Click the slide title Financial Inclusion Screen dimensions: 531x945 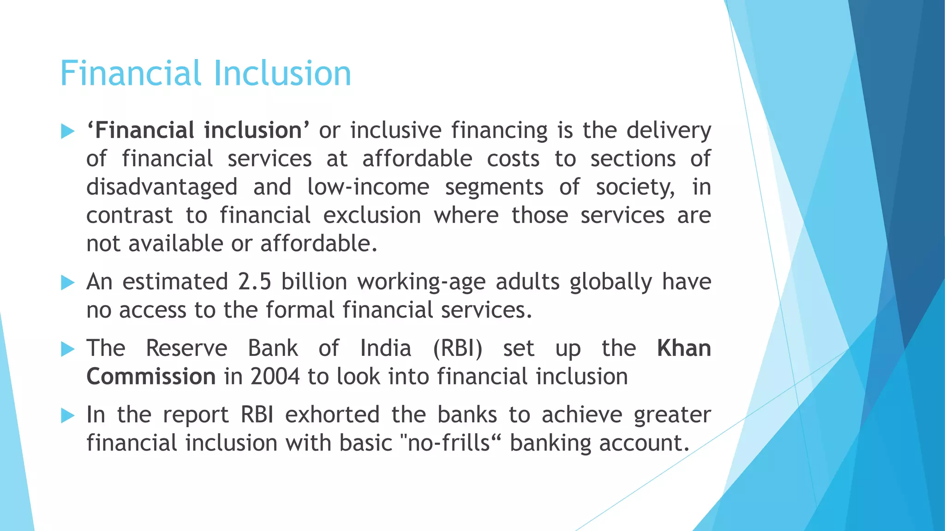pos(205,73)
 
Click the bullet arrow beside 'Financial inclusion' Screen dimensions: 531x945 pos(67,131)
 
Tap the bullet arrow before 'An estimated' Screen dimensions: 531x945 pos(67,283)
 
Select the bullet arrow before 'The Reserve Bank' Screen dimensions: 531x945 pos(67,349)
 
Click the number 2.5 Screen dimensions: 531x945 pos(255,282)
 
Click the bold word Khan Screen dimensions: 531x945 pos(684,348)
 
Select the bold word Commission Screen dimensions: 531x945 pos(151,377)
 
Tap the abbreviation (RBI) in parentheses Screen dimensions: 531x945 pos(458,348)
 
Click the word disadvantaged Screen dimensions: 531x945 pos(162,187)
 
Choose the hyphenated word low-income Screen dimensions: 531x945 pos(368,187)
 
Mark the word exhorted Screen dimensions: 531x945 pos(332,415)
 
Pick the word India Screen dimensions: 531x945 pos(386,348)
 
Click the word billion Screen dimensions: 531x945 pos(314,282)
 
